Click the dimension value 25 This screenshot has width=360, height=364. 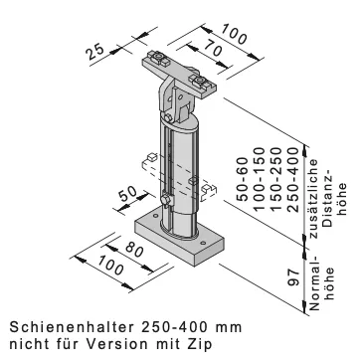(94, 51)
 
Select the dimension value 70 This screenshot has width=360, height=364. (213, 49)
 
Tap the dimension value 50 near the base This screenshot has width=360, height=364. (127, 194)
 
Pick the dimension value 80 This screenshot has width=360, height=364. (133, 250)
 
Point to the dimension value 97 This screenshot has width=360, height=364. (294, 277)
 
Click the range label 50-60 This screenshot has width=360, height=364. (243, 179)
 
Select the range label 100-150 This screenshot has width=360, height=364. (260, 179)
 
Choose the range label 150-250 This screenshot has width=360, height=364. (276, 179)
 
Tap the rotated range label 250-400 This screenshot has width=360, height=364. (292, 179)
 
